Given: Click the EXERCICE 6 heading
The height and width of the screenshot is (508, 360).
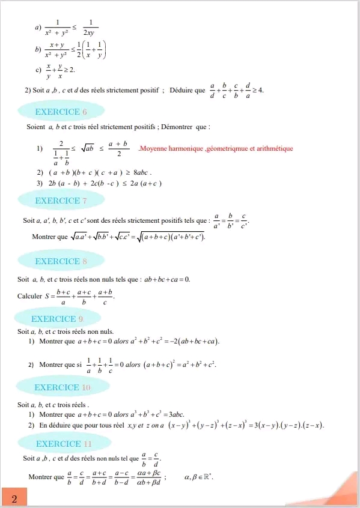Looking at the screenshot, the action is (62, 112).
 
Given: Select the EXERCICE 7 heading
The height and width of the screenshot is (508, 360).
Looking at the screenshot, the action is (62, 201).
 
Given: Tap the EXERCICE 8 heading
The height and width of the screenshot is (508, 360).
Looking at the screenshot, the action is (62, 261).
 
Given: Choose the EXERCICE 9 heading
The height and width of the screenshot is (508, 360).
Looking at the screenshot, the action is (58, 319).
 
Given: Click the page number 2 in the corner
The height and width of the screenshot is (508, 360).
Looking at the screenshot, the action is (14, 498).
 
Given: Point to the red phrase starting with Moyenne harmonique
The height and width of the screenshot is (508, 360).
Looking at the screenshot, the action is (216, 148).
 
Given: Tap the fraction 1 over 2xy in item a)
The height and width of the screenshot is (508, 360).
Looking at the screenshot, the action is (91, 28).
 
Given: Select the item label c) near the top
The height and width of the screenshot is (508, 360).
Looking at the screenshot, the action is (38, 70).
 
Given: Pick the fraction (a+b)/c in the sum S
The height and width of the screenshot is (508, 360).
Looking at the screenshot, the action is (105, 297).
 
